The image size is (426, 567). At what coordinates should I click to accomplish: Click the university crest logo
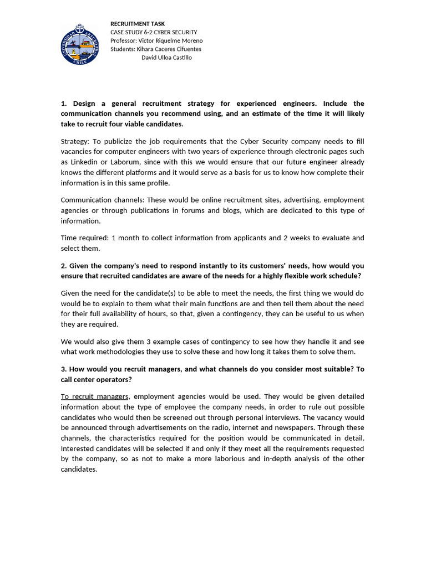[79, 44]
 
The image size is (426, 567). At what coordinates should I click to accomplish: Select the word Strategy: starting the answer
[75, 141]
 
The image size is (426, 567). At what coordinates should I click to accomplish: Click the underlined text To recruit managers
[95, 396]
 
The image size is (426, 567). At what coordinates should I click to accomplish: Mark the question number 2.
[63, 266]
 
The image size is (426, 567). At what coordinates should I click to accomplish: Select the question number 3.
[63, 369]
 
